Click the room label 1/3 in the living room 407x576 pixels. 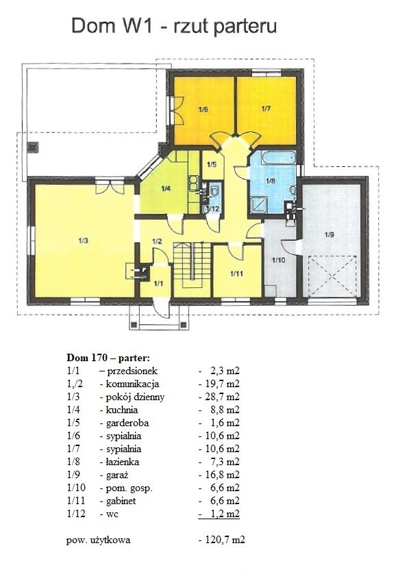pos(83,241)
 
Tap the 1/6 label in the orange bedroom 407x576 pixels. pos(203,109)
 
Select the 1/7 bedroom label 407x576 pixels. pos(266,109)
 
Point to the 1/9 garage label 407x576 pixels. pos(330,235)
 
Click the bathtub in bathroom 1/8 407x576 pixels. pos(279,157)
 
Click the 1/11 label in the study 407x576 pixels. pos(236,274)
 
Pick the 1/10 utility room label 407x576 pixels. pos(279,260)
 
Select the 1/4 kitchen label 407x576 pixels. pos(166,189)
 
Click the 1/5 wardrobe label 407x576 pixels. pos(212,164)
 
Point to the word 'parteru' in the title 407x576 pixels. pos(245,27)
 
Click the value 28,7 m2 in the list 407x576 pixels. pos(219,397)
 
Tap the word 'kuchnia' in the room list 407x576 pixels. pos(122,410)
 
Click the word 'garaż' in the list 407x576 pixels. pos(117,475)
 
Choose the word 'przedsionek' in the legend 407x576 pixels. pos(132,371)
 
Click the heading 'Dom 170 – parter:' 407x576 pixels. pos(108,357)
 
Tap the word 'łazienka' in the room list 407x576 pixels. pos(123,462)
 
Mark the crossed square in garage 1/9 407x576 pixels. pos(333,276)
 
